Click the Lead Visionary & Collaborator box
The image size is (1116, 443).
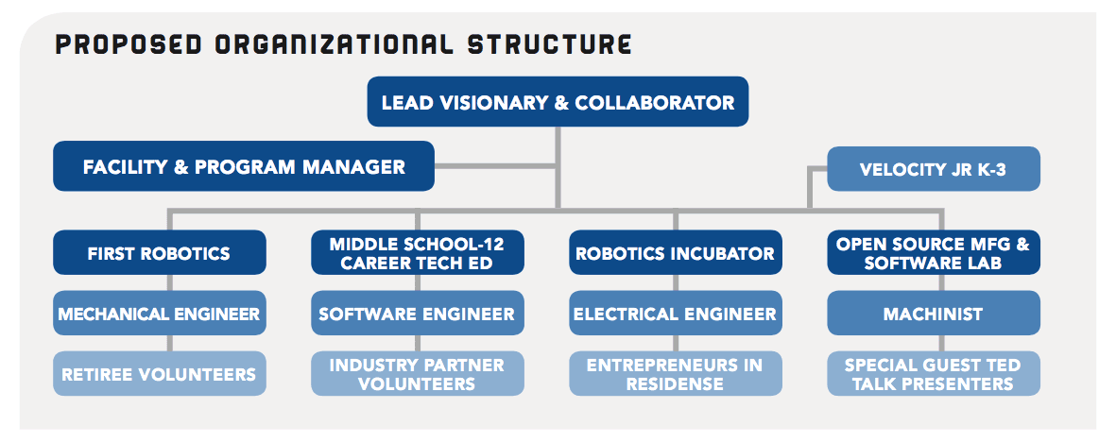558,102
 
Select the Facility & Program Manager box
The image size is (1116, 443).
244,166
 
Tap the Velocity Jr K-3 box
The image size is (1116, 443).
933,169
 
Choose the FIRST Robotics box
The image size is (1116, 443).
160,252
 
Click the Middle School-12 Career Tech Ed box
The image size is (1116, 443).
417,252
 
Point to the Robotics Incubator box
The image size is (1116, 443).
676,252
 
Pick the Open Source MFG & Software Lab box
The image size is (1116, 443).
933,252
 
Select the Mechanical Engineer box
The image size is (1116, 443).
160,313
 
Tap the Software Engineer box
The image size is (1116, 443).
417,313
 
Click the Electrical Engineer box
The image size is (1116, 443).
676,313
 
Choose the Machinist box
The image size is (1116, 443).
933,313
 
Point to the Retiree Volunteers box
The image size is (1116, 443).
160,373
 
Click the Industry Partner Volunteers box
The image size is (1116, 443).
417,373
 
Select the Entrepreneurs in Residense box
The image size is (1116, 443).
676,373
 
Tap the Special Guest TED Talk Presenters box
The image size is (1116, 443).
933,373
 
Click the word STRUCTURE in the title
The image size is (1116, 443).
549,44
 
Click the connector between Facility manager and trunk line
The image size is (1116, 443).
495,166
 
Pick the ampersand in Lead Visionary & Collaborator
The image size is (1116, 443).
561,102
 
